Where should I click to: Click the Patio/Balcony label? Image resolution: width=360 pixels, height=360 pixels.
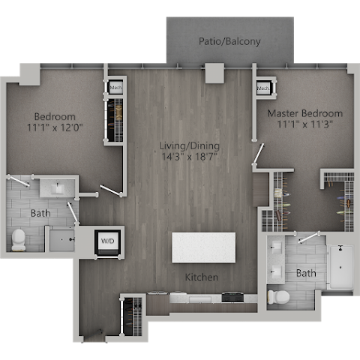[x=229, y=41]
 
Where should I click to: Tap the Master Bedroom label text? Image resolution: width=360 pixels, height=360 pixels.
[x=304, y=113]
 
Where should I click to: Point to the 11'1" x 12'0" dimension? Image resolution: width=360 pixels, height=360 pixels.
[x=55, y=128]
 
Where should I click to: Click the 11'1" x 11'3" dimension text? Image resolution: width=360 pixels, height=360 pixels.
[x=304, y=125]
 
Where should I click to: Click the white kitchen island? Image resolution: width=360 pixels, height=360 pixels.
[x=203, y=247]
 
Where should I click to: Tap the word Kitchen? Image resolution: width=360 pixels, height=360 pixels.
[x=202, y=277]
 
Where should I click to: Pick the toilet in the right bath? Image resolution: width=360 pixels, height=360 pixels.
[x=279, y=296]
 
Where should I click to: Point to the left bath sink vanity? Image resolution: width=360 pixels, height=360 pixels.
[x=57, y=186]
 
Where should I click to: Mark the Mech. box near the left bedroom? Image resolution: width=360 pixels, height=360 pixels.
[x=115, y=87]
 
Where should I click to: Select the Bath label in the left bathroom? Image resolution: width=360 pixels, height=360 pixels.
[x=40, y=214]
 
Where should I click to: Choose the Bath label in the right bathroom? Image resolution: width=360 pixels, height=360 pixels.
[x=306, y=274]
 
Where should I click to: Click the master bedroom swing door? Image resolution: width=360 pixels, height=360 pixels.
[x=259, y=154]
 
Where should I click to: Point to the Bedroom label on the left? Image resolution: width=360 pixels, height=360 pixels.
[x=55, y=116]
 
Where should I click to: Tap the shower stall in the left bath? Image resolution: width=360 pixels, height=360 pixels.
[x=60, y=239]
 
